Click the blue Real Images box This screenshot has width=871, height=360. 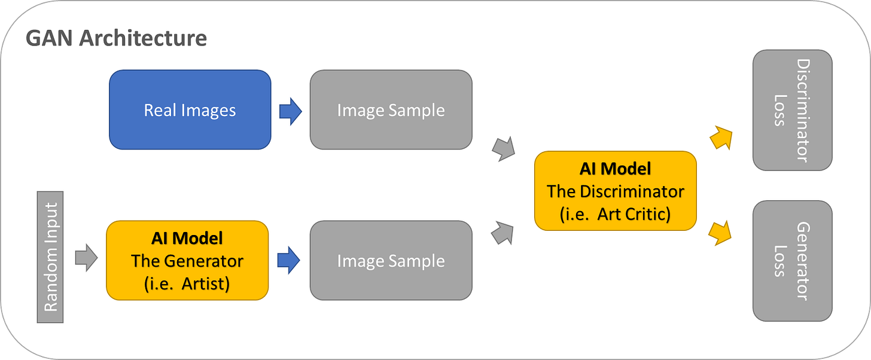pyautogui.click(x=190, y=110)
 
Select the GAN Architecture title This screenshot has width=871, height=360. pyautogui.click(x=117, y=38)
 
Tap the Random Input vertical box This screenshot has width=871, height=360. pyautogui.click(x=50, y=257)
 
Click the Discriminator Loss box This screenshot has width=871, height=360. pyautogui.click(x=792, y=110)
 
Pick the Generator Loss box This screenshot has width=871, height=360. pyautogui.click(x=792, y=261)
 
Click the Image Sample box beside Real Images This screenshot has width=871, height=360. pyautogui.click(x=391, y=110)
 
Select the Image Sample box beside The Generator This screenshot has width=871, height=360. pyautogui.click(x=391, y=261)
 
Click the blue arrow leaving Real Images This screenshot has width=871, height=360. pyautogui.click(x=291, y=111)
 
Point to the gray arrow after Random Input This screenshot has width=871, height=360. pyautogui.click(x=86, y=258)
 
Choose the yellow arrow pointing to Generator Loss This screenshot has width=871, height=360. pyautogui.click(x=720, y=231)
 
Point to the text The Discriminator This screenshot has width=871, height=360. pyautogui.click(x=615, y=191)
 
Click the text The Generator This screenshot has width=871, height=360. pyautogui.click(x=187, y=261)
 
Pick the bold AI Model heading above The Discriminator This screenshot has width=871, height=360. pyautogui.click(x=615, y=169)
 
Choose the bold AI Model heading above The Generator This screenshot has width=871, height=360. pyautogui.click(x=187, y=239)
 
